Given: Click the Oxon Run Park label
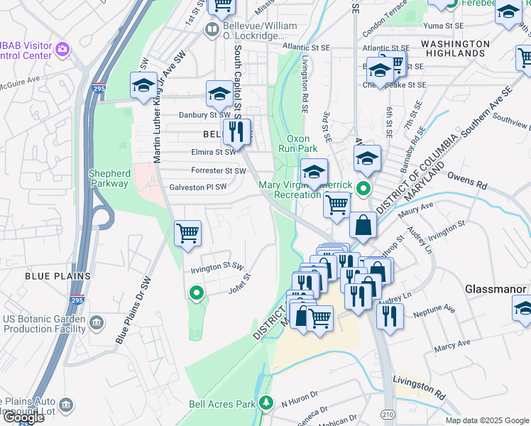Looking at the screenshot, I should coord(301,143).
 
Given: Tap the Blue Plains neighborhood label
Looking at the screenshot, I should coord(58,275).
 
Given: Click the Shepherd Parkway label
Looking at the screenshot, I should coord(109,178).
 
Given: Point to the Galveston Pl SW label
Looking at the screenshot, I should coord(197,187).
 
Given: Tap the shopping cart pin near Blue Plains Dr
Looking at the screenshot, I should coord(187,233).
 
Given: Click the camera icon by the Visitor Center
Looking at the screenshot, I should coord(62,49).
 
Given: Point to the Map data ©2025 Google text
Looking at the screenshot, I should coord(486,420).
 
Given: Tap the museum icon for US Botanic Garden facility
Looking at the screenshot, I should coord(97,323).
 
